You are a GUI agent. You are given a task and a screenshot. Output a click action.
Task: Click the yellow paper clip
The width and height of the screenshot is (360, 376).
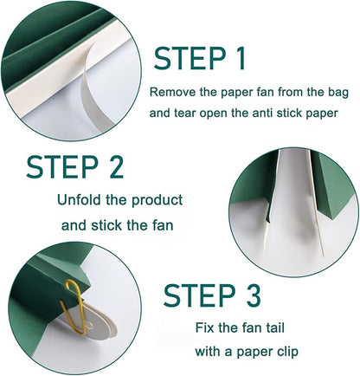pos(74,308)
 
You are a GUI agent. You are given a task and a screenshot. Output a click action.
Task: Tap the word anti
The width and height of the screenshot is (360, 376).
pos(262,113)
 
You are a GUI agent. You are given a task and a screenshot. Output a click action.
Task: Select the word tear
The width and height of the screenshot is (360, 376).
pos(184,113)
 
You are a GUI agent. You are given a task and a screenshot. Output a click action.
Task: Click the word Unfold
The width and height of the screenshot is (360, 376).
pos(79,200)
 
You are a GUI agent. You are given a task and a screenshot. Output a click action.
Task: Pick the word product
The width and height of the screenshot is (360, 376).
pos(157,201)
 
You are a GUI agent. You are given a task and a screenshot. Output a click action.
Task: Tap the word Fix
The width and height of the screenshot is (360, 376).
pos(204,327)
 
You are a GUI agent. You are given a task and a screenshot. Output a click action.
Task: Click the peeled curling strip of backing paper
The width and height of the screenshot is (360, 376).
pos(92,87)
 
